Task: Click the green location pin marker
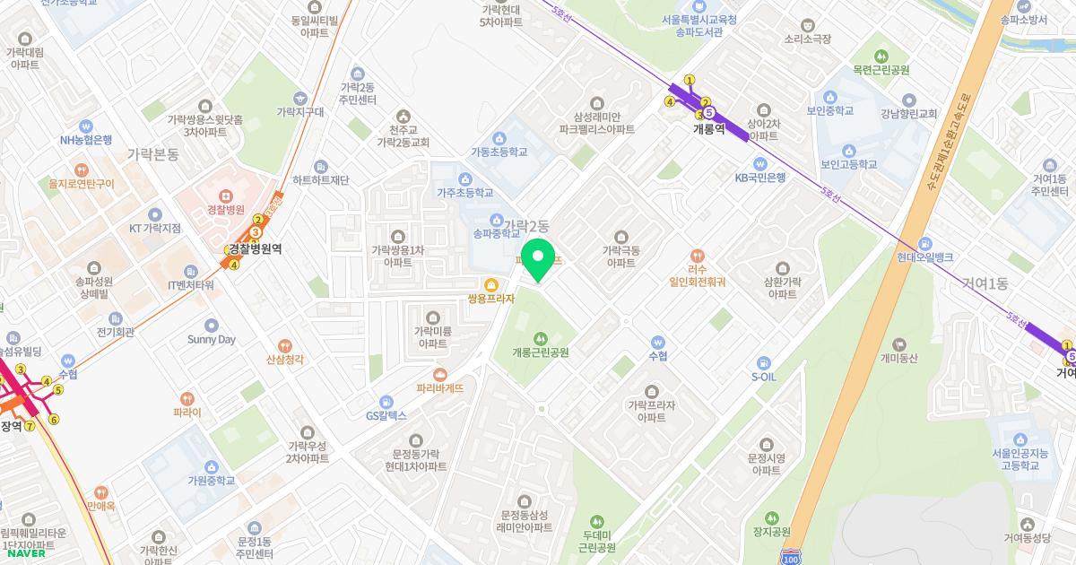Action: coord(538,260)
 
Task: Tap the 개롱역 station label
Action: coord(708,129)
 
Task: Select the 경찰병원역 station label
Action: coord(255,248)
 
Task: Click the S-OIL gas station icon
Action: coord(763,363)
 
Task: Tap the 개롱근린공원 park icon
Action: coord(540,338)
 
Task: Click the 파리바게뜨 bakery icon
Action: coord(439,375)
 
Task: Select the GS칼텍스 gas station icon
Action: coord(386,402)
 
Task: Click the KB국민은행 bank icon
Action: coord(759,163)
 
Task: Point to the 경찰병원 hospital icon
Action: coord(225,195)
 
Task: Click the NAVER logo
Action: coord(24,553)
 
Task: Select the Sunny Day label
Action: coord(212,340)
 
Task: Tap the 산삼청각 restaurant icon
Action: coord(284,345)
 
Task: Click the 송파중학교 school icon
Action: coord(496,220)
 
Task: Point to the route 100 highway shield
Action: coord(791,556)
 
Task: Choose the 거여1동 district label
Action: coord(985,283)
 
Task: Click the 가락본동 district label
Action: coord(153,154)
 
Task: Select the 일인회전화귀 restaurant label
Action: coord(697,281)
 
